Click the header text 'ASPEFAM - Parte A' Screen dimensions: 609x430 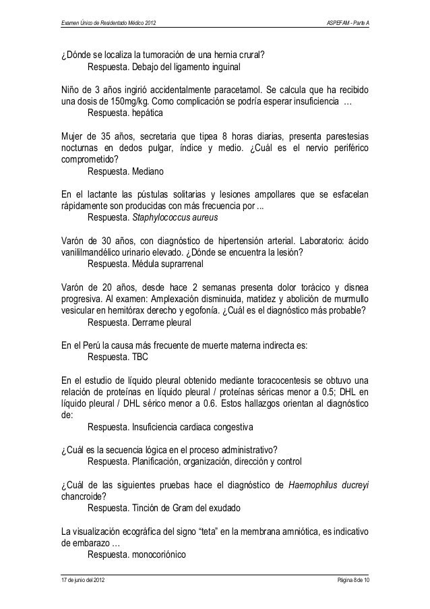(348, 25)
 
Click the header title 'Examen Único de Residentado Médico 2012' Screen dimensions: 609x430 (109, 25)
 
